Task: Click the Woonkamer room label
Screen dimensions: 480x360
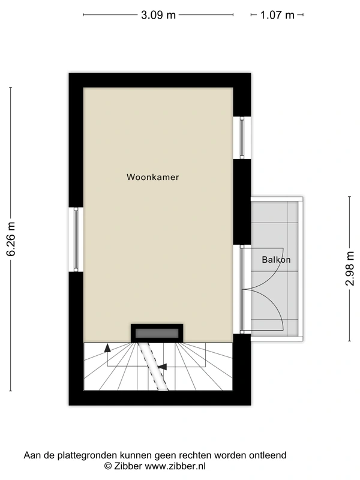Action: pyautogui.click(x=153, y=177)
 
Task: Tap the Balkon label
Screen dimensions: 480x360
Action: pyautogui.click(x=276, y=260)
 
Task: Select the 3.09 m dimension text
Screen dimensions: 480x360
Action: pyautogui.click(x=158, y=15)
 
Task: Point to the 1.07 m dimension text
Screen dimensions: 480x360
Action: pyautogui.click(x=277, y=15)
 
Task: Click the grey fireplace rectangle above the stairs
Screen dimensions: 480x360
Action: pyautogui.click(x=157, y=332)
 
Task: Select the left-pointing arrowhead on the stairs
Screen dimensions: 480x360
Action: pyautogui.click(x=162, y=365)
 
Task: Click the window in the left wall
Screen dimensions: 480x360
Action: pyautogui.click(x=76, y=239)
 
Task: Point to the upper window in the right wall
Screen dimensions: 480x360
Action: pyautogui.click(x=242, y=137)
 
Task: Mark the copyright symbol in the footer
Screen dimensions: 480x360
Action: pyautogui.click(x=108, y=466)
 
